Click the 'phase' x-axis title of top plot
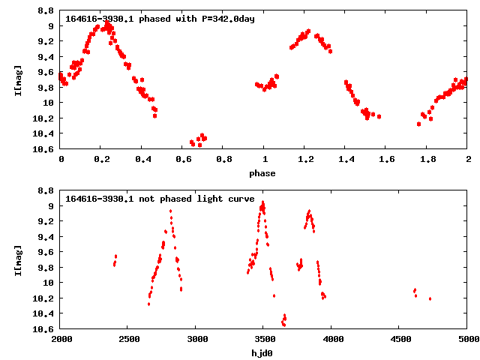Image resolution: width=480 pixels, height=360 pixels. point(262,174)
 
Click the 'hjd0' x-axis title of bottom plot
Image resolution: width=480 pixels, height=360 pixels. point(262,353)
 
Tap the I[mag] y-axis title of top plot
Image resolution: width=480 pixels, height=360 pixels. point(18,80)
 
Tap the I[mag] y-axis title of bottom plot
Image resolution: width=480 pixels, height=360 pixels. point(18,260)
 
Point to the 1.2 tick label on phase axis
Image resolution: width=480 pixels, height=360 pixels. point(306,159)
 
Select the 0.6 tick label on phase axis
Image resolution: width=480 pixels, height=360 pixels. point(184,159)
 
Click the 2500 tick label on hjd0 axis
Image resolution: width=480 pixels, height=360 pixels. point(129,339)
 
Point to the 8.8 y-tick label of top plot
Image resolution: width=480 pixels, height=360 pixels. point(46,11)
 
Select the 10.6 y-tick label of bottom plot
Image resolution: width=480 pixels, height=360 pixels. point(43,329)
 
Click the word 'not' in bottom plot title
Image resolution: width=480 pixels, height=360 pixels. point(147,199)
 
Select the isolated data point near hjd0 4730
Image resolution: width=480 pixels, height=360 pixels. point(430,298)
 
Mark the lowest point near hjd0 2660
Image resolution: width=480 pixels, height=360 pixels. point(148,304)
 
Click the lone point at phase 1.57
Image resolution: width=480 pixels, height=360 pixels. point(379,117)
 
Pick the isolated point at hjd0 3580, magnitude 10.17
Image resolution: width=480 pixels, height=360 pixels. point(274,295)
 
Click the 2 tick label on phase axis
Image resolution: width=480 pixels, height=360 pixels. point(468,159)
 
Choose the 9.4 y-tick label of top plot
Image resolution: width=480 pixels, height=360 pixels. point(46,57)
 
